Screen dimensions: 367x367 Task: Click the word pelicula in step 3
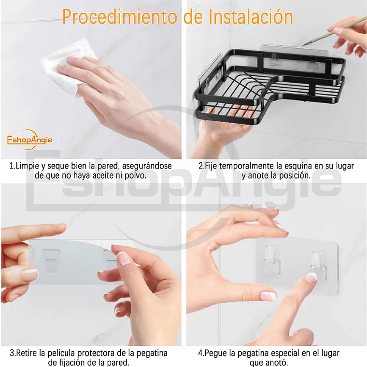tap(60, 353)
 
